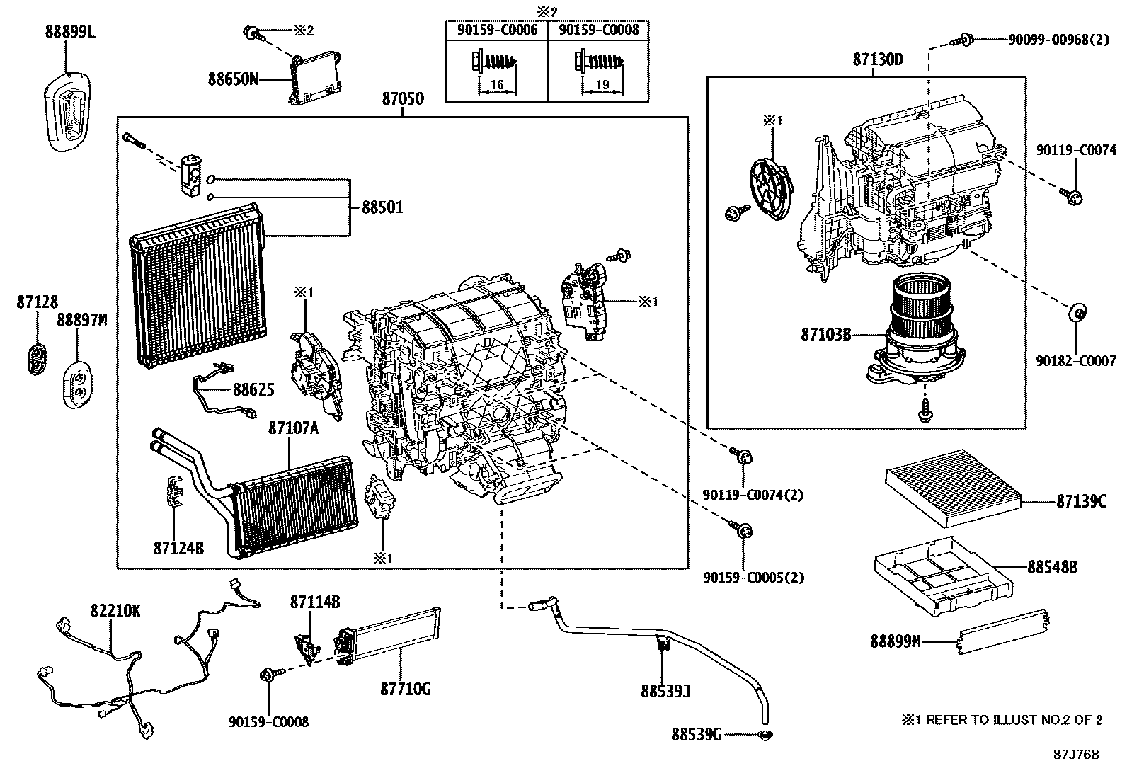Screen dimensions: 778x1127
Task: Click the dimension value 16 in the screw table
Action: coord(496,85)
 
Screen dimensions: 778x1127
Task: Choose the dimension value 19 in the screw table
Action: coord(602,85)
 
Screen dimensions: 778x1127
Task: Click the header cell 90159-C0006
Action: coord(496,30)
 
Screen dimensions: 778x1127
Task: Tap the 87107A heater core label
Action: coord(293,428)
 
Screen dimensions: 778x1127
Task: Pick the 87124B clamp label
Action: coord(178,547)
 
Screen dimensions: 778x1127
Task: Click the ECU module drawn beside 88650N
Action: coord(315,78)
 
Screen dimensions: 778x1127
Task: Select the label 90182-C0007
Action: coord(1075,361)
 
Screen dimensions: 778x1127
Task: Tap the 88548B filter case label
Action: coord(1052,567)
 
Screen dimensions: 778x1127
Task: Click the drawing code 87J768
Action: coord(1075,754)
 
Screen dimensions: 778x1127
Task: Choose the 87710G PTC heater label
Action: coord(405,688)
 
